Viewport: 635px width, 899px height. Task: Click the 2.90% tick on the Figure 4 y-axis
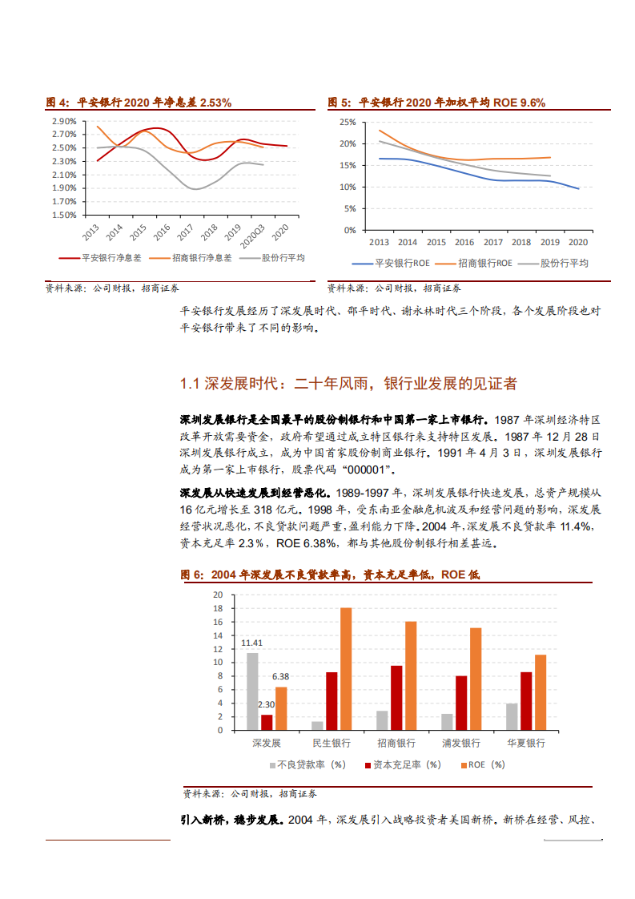(x=64, y=121)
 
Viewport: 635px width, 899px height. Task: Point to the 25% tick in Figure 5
(x=347, y=122)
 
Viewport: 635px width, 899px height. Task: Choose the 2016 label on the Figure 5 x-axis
(x=464, y=242)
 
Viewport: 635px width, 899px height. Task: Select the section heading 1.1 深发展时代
(x=348, y=384)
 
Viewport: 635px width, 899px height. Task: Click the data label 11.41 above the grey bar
(x=252, y=643)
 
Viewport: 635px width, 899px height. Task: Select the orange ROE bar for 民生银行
(x=346, y=668)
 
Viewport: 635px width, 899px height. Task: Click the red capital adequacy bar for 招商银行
(x=396, y=697)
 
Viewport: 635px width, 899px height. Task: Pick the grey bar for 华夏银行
(x=512, y=716)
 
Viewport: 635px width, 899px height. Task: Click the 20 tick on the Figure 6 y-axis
(x=217, y=595)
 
